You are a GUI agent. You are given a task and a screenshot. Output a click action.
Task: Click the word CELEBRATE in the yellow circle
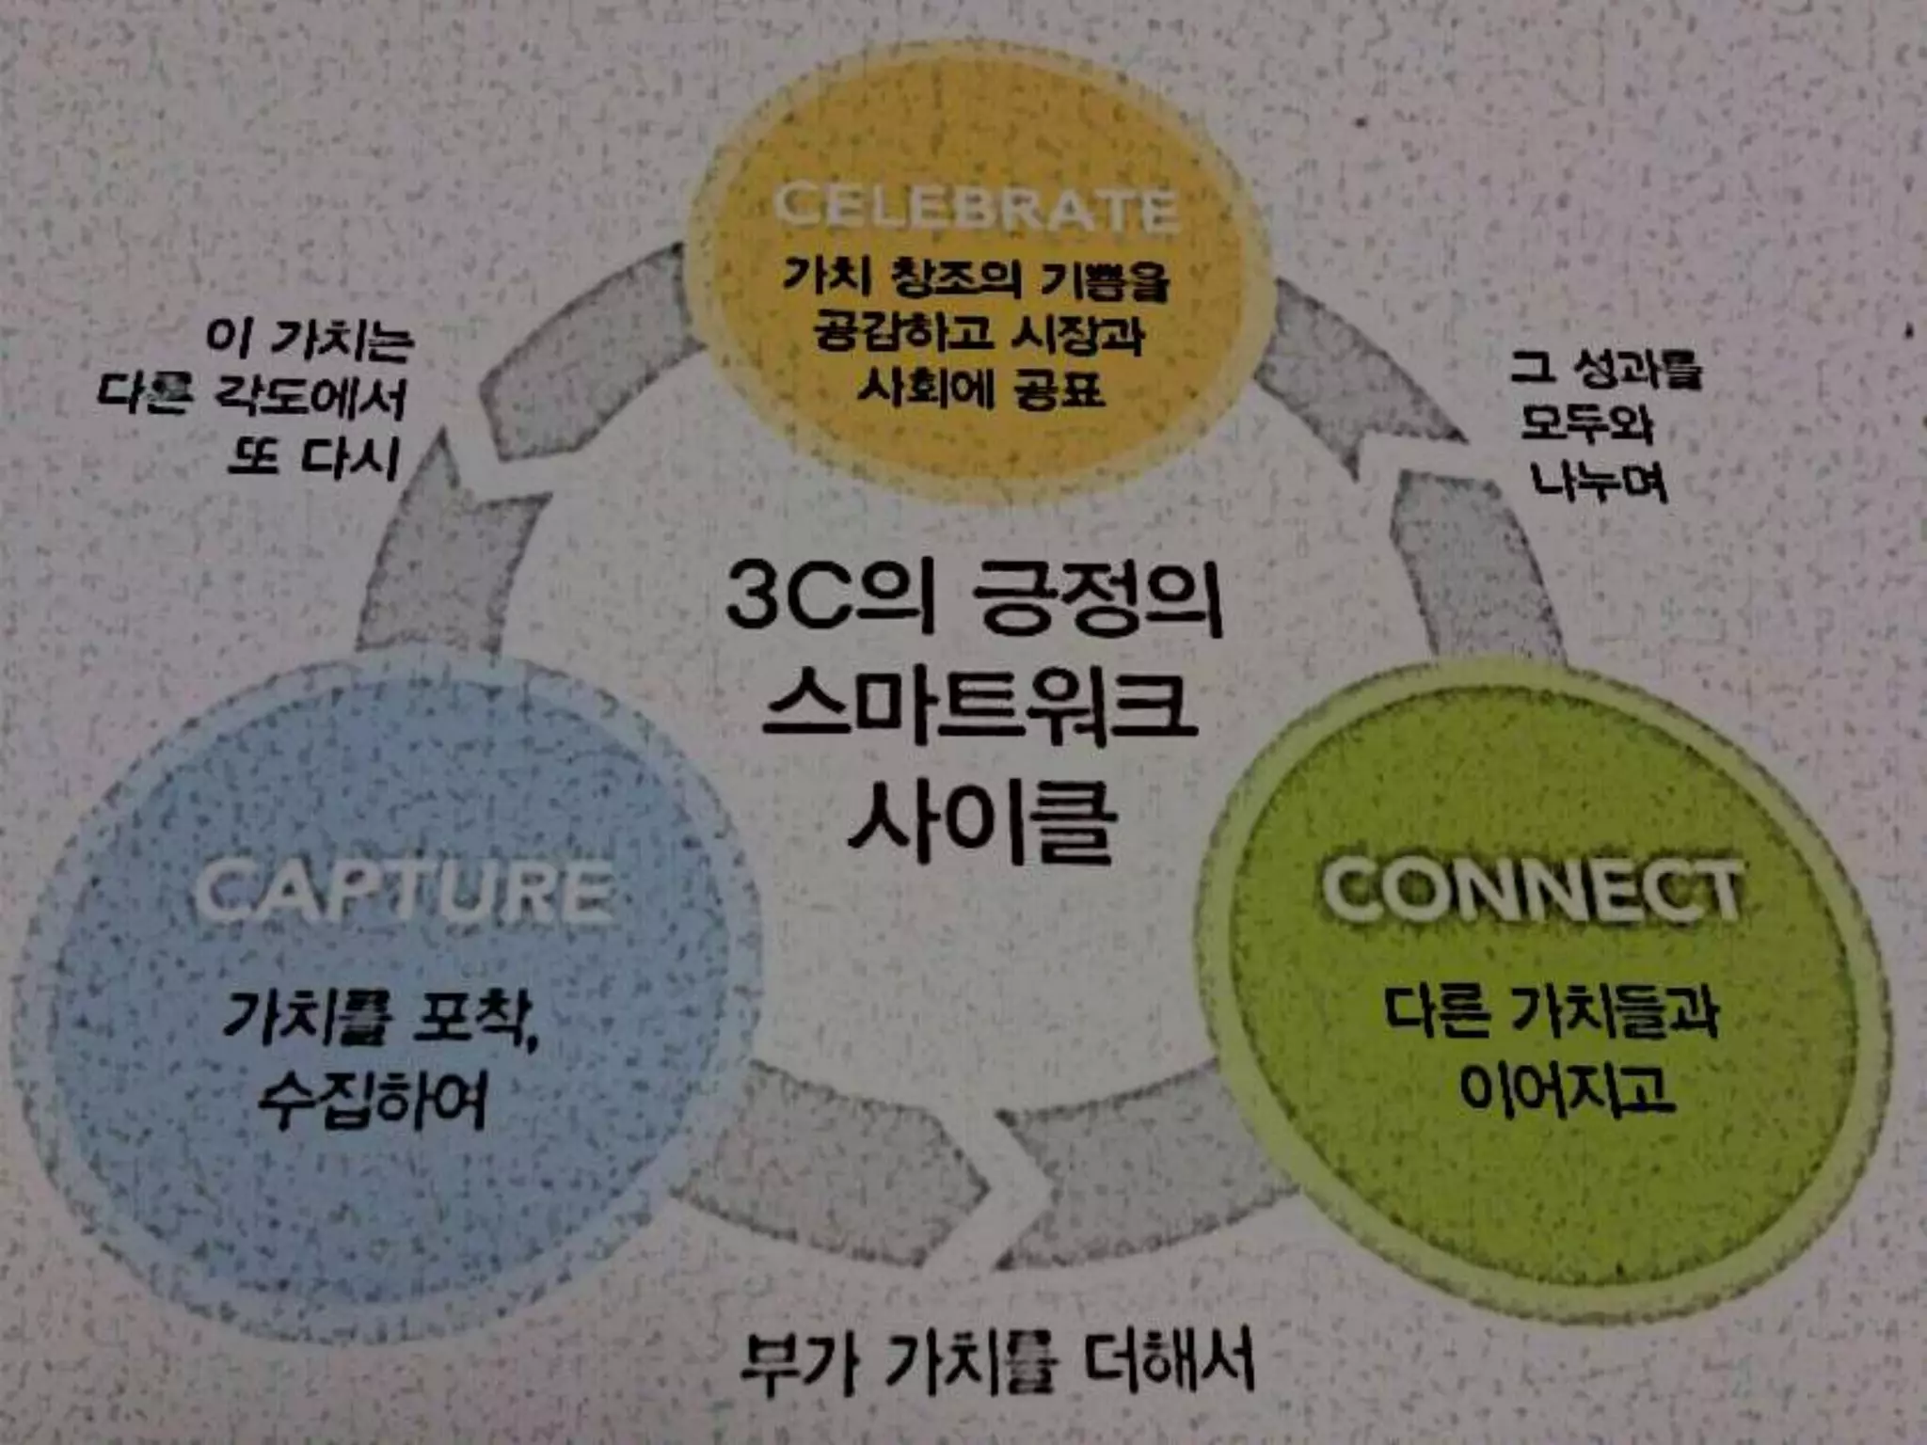pos(976,206)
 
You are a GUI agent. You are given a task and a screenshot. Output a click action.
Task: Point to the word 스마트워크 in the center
pos(979,707)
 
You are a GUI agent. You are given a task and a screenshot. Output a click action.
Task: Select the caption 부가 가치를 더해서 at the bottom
pos(997,1362)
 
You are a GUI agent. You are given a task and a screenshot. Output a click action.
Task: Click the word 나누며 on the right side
pos(1600,482)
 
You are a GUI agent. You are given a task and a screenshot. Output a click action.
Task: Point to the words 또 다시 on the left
pos(315,458)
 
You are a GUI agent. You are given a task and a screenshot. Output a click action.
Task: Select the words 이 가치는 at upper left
pos(310,339)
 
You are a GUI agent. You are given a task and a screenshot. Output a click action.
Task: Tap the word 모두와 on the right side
pos(1588,424)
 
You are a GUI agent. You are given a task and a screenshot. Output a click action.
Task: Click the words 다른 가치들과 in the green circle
pos(1553,1013)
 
